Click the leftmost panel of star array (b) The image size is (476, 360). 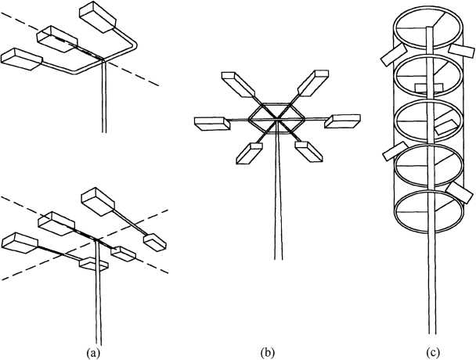point(209,122)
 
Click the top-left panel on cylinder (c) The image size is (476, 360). point(391,56)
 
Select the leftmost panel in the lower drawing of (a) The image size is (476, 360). point(22,243)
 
